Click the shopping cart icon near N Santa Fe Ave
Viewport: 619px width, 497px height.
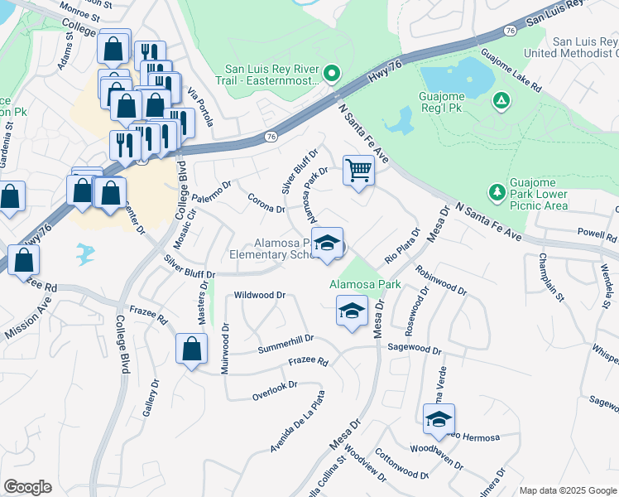click(358, 171)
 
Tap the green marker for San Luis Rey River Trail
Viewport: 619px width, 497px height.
click(332, 75)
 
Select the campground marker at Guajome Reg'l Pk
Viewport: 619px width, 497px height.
click(501, 100)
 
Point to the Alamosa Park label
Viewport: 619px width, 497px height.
click(365, 284)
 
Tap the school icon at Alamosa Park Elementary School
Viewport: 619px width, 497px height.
click(329, 243)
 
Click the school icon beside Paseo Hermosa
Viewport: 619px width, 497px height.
click(439, 419)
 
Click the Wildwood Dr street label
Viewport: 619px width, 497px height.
click(260, 295)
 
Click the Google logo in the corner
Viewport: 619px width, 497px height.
click(27, 486)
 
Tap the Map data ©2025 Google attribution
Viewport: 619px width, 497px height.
click(566, 490)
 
